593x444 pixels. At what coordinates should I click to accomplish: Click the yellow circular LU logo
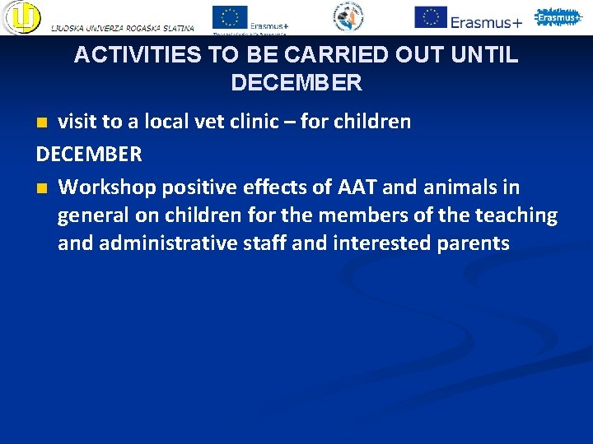click(21, 16)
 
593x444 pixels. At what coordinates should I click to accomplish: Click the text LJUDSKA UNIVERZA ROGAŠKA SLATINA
click(123, 28)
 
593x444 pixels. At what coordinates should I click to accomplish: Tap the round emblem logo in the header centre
click(348, 16)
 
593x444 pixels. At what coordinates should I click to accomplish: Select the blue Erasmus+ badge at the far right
click(558, 16)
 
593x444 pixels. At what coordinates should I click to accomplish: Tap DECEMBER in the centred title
click(296, 83)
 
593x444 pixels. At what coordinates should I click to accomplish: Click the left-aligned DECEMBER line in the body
click(89, 154)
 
